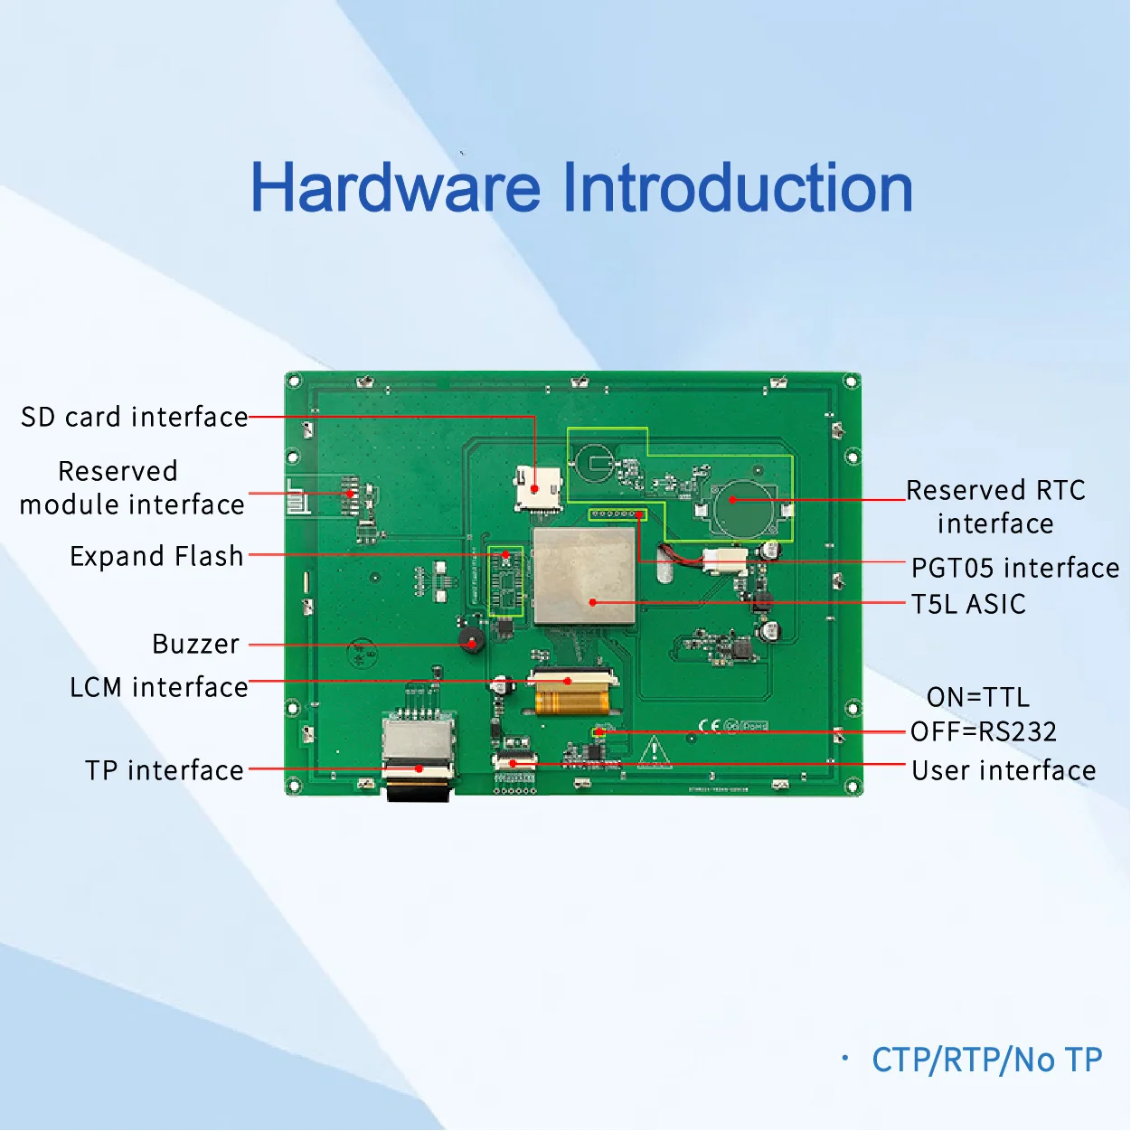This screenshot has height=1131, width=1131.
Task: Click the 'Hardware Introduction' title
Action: coord(581,187)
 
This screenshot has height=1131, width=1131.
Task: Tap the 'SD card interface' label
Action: coord(134,417)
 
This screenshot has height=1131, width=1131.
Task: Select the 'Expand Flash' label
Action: coord(156,556)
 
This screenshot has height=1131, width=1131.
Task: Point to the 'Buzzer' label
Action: coord(196,644)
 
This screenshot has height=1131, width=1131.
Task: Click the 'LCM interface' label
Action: coord(158,687)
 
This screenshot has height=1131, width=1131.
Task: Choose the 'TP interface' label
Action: coord(165,770)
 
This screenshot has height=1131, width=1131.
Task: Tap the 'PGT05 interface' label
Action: coord(1014,568)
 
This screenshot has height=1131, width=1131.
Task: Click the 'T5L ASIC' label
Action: coord(968,604)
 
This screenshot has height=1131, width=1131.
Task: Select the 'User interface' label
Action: coord(1004,770)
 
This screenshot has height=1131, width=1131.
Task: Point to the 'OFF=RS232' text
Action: coord(983,731)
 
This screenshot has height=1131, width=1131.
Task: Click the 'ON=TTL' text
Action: coord(978,697)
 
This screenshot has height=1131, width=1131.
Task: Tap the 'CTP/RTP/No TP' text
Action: coord(986,1060)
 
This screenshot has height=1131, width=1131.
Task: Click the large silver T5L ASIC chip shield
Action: coord(584,576)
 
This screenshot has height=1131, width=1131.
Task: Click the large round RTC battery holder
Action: coord(743,507)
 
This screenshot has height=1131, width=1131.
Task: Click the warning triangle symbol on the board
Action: coord(654,752)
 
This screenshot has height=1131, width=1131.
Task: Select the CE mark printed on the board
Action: coord(710,726)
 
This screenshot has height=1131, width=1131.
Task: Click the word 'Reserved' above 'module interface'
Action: coord(118,471)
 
